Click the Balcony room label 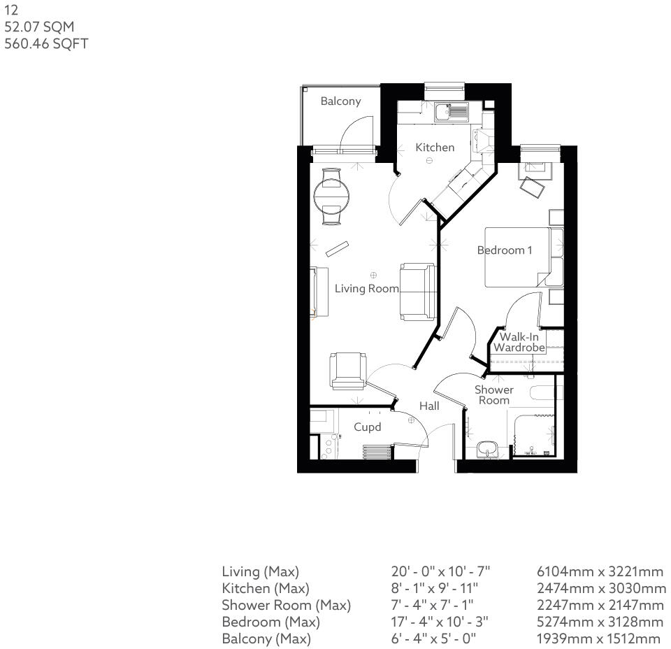(340, 101)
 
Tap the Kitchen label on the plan (435, 148)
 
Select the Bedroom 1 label (505, 250)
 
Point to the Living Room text (366, 288)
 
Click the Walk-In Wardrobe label (519, 342)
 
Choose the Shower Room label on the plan (494, 395)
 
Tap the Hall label (429, 406)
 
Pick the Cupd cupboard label (367, 427)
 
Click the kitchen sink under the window (450, 111)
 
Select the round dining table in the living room (331, 196)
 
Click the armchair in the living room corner (347, 370)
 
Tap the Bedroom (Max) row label (270, 622)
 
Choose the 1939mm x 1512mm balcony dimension (598, 639)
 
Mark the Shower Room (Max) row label (286, 605)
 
